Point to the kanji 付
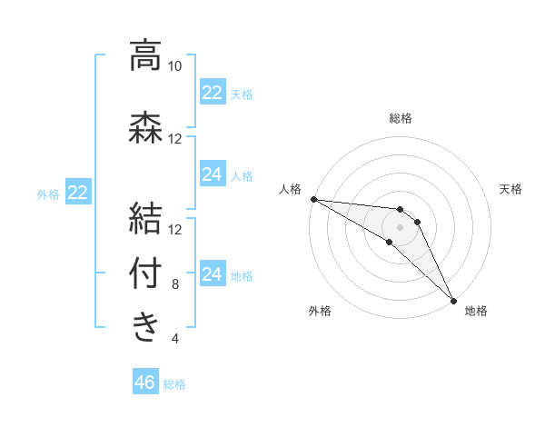(145, 273)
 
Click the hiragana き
(145, 327)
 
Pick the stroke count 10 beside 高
(174, 66)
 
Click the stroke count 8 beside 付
(175, 284)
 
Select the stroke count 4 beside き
(175, 339)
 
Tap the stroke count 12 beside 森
(174, 138)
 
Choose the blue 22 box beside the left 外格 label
(78, 193)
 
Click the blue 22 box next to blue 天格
(213, 93)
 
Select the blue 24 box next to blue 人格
(213, 174)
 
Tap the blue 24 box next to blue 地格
(213, 274)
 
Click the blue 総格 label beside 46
(174, 384)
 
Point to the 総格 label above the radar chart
(401, 118)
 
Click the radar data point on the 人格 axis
(313, 199)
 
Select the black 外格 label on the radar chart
(320, 312)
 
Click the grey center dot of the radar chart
(400, 226)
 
